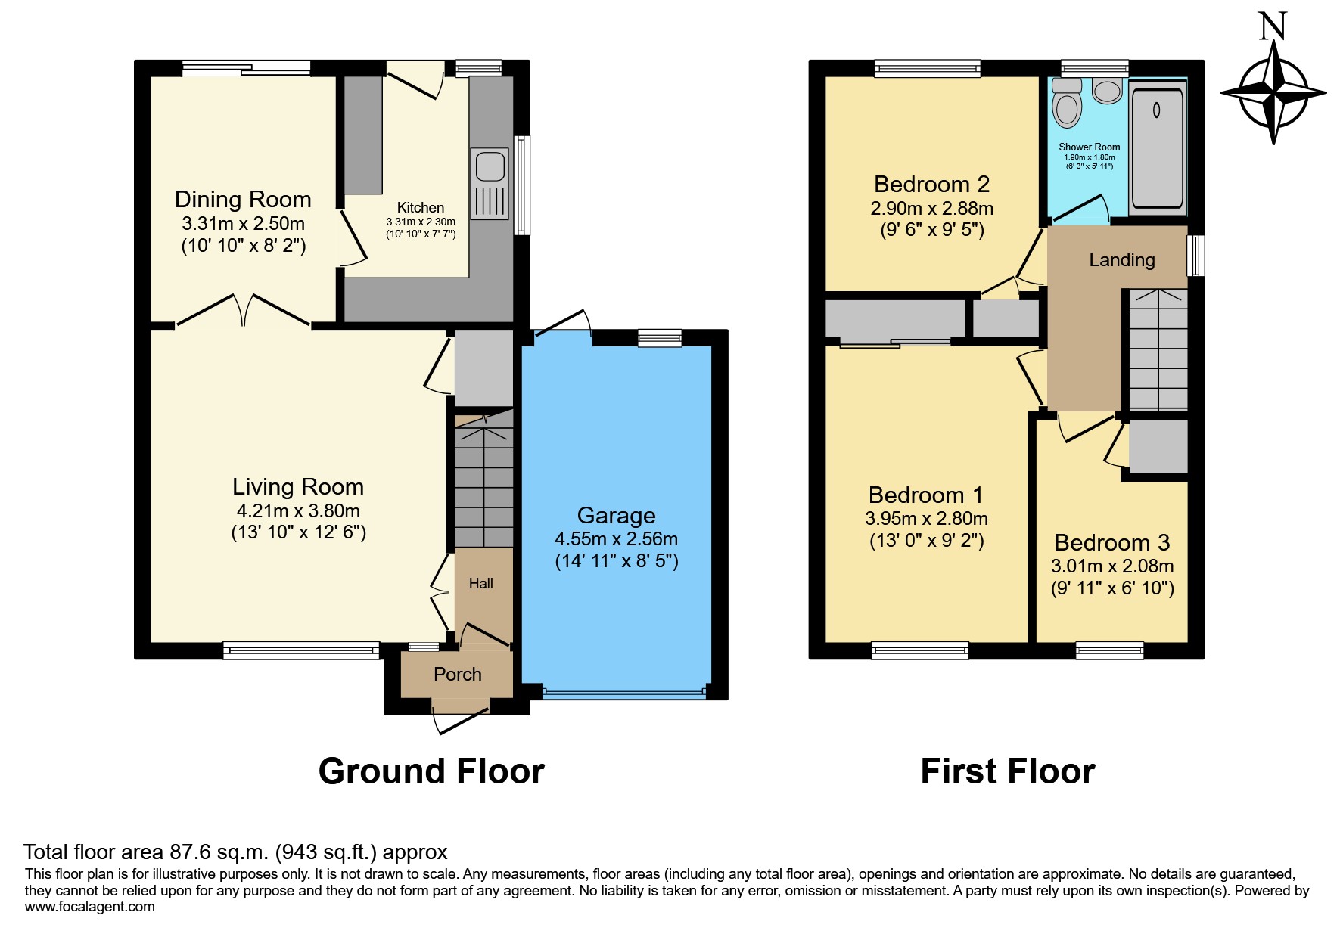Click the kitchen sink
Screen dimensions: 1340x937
[x=490, y=183]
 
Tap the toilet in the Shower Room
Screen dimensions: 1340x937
[x=1068, y=102]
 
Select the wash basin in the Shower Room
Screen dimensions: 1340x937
[x=1107, y=90]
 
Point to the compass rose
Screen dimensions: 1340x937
[x=1273, y=93]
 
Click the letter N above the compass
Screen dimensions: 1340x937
[x=1273, y=26]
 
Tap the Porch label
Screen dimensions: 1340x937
[x=458, y=674]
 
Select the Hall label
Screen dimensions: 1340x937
[x=481, y=583]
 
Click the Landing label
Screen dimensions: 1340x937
[x=1122, y=260]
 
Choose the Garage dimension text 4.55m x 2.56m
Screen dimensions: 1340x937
[x=617, y=539]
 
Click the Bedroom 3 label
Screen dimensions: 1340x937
[x=1112, y=542]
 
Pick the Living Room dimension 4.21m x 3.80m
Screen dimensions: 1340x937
[x=298, y=510]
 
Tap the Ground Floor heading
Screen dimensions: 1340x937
[x=431, y=771]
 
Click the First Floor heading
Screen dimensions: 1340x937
[x=1008, y=771]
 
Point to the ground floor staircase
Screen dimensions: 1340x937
[x=483, y=478]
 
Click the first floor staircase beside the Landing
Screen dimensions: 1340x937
[x=1158, y=350]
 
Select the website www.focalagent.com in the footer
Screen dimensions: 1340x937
[x=90, y=907]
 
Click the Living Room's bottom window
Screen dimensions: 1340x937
[x=301, y=650]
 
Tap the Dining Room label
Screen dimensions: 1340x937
[x=243, y=199]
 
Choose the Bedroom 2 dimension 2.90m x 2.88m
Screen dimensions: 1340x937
[x=932, y=208]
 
